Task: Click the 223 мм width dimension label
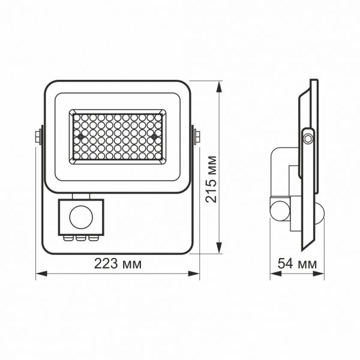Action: pyautogui.click(x=118, y=265)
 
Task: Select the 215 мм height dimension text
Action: pyautogui.click(x=211, y=179)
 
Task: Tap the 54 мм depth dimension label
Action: pyautogui.click(x=298, y=265)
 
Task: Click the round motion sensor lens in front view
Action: pyautogui.click(x=81, y=217)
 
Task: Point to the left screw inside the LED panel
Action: pyautogui.click(x=80, y=136)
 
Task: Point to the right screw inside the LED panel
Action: pyautogui.click(x=155, y=136)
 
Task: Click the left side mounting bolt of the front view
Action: pyautogui.click(x=39, y=136)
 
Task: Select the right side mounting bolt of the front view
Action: pyautogui.click(x=196, y=136)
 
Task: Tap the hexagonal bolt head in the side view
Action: pyautogui.click(x=308, y=139)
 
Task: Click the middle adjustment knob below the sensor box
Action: pyautogui.click(x=82, y=238)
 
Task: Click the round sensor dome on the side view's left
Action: pyautogui.click(x=278, y=211)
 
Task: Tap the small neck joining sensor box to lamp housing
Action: pyautogui.click(x=81, y=196)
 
